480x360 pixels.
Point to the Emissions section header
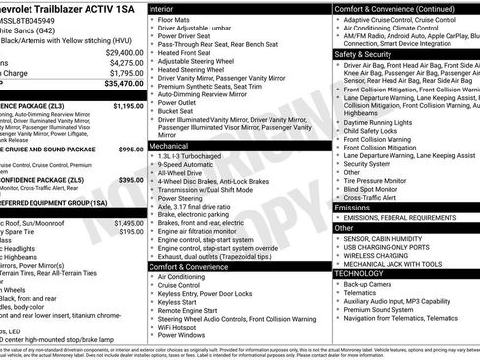pos(353,208)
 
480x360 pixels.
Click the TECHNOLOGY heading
pos(360,274)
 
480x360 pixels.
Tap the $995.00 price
pos(131,150)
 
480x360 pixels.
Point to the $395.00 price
pos(131,180)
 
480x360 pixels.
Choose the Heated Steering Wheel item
pos(196,70)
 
